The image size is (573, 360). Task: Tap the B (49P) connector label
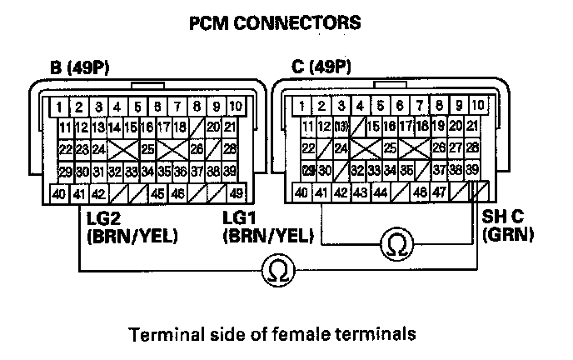pyautogui.click(x=81, y=67)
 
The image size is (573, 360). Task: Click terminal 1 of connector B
pyautogui.click(x=60, y=107)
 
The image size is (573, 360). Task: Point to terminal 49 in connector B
pyautogui.click(x=236, y=193)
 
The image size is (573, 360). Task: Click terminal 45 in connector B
pyautogui.click(x=157, y=193)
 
